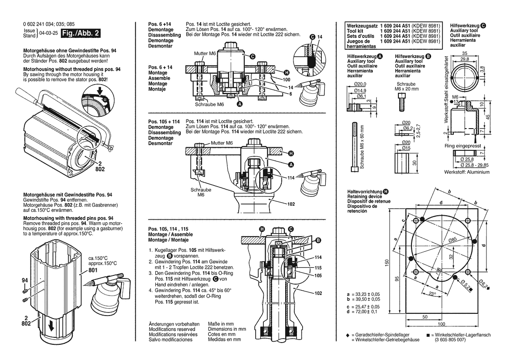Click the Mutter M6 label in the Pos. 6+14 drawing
[205, 53]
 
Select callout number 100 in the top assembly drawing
[286, 80]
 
